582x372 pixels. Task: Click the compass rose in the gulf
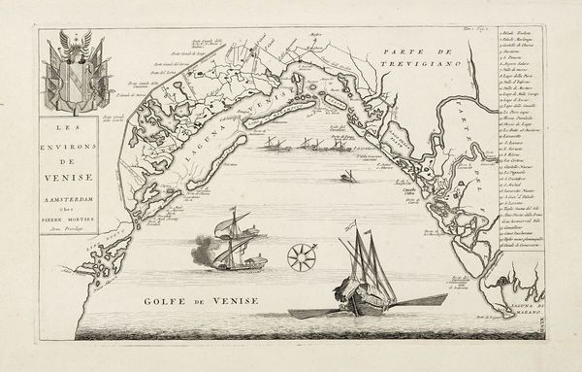(x=301, y=256)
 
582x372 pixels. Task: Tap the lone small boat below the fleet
(x=347, y=177)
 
